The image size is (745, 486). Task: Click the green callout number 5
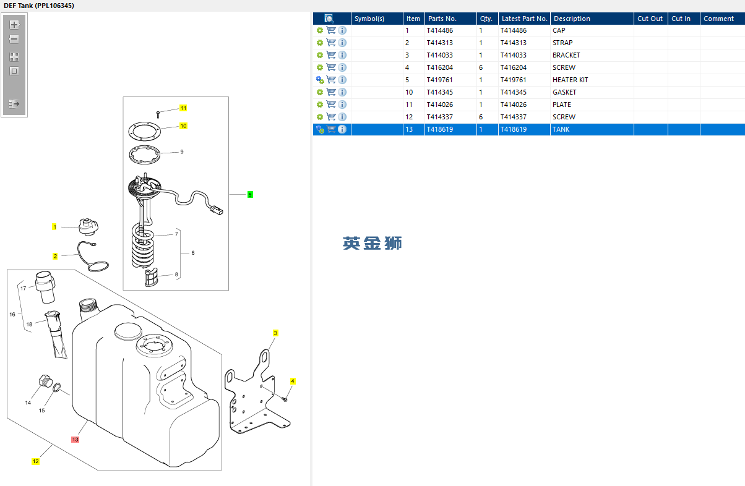[x=250, y=195]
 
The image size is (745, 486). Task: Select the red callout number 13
[x=75, y=440]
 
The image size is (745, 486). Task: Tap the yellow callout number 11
[x=183, y=108]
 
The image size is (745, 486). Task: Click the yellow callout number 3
[x=275, y=333]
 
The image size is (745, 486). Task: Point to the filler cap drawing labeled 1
[x=85, y=227]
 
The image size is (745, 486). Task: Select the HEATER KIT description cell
[x=570, y=80]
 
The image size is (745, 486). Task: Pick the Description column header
[x=572, y=19]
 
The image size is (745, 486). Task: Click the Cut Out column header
[x=650, y=19]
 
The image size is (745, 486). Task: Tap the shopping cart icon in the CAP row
[x=331, y=30]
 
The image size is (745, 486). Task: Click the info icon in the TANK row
[x=342, y=129]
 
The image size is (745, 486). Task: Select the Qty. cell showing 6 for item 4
[x=481, y=67]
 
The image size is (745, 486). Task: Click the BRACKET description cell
[x=566, y=55]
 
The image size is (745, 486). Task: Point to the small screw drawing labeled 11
[x=158, y=113]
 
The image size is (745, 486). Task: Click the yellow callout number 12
[x=35, y=461]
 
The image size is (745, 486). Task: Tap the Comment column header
[x=718, y=19]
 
